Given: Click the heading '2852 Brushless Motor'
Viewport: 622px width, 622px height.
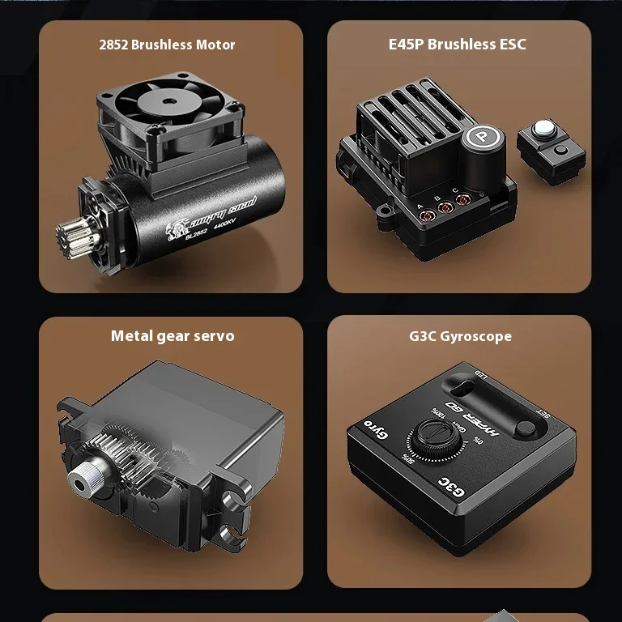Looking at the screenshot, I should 167,45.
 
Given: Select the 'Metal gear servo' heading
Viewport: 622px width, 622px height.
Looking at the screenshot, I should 173,335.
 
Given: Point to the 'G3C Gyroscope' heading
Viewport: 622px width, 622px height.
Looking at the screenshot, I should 460,336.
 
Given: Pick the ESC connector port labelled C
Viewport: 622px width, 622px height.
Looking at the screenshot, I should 463,198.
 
